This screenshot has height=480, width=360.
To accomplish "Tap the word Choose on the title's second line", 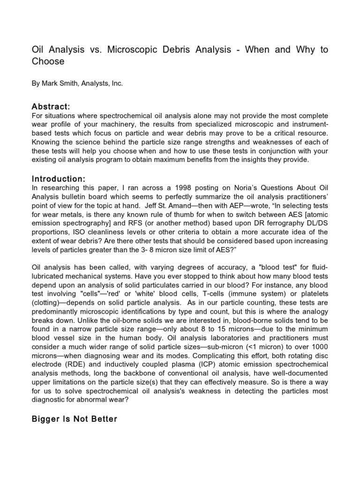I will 48,61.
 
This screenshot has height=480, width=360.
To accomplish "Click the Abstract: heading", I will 51,106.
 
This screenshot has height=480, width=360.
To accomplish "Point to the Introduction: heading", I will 59,179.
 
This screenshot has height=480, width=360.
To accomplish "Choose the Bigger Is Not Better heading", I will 74,419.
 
